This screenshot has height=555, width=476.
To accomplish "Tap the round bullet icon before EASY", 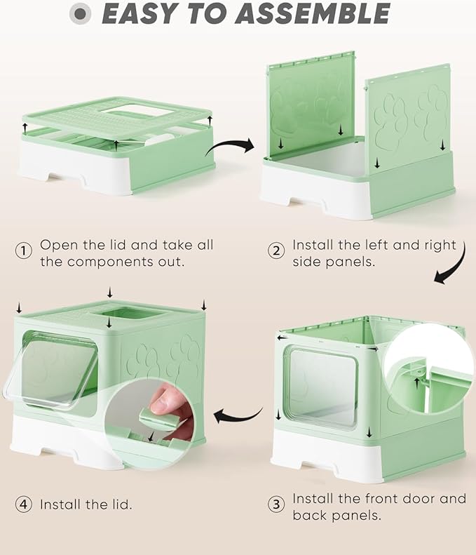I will click(83, 14).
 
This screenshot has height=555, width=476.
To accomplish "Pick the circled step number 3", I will click(276, 504).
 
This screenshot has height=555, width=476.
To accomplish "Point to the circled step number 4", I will click(24, 504).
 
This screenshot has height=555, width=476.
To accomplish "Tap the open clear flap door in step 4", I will click(53, 370).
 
